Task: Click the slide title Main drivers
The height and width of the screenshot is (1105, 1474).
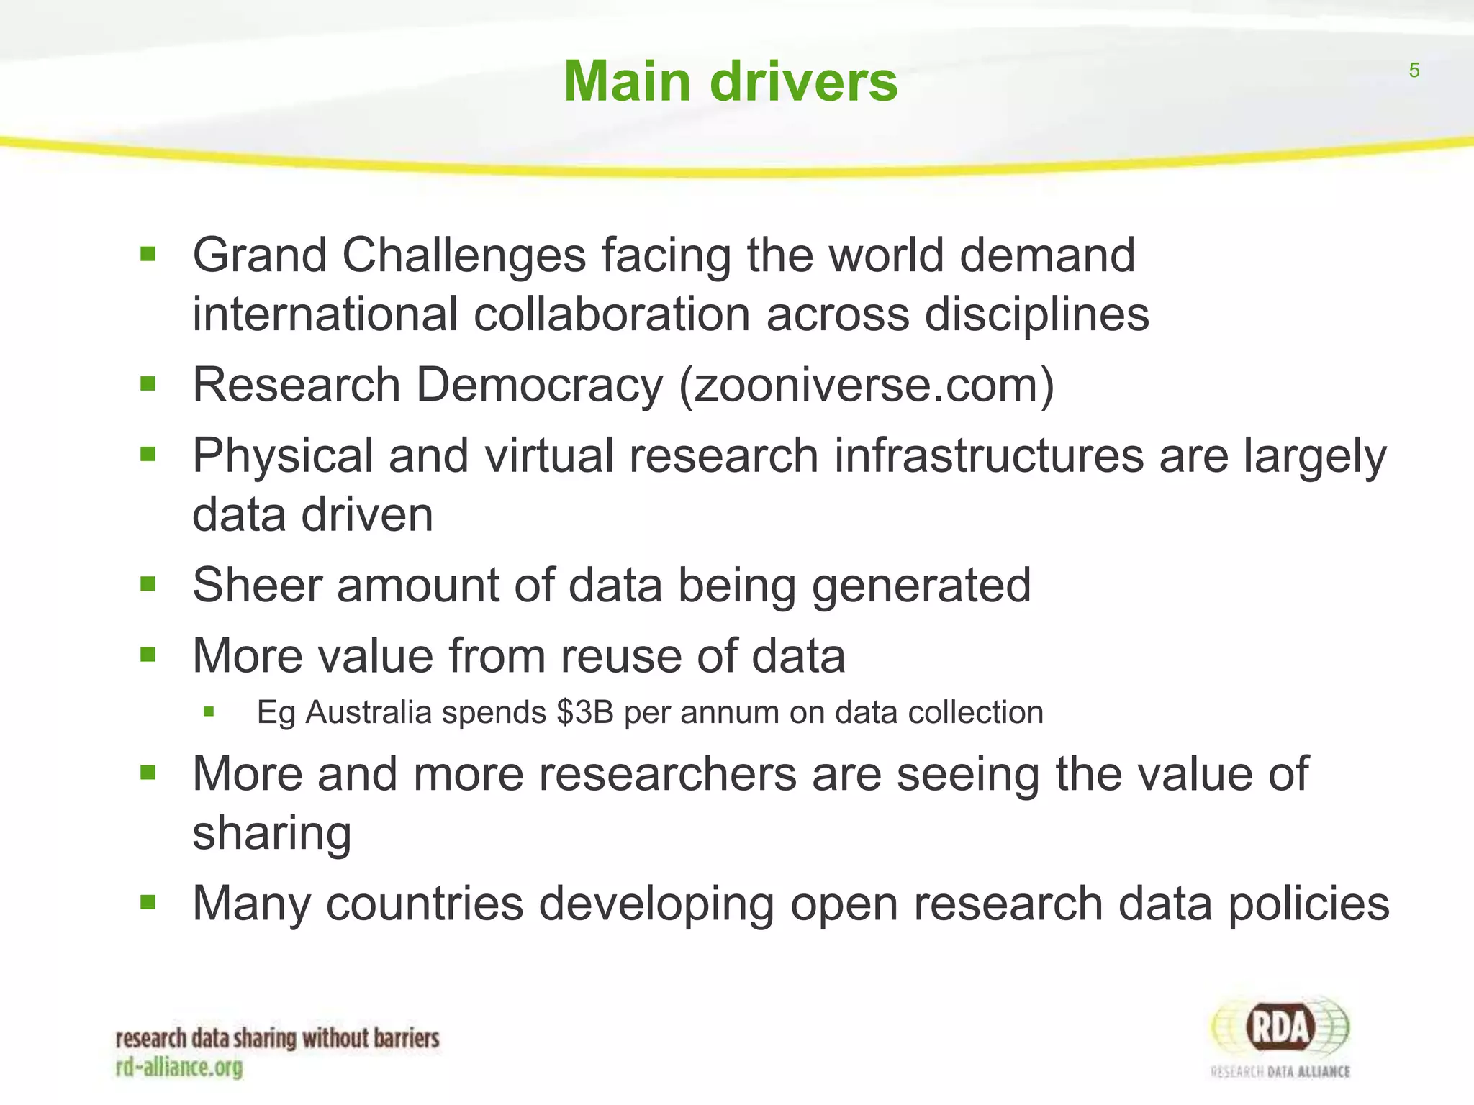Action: pyautogui.click(x=730, y=81)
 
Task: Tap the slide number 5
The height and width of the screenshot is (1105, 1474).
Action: pyautogui.click(x=1414, y=71)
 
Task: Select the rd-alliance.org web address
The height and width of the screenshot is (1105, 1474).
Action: pyautogui.click(x=179, y=1067)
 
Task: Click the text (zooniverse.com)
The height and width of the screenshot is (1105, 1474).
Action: pyautogui.click(x=867, y=385)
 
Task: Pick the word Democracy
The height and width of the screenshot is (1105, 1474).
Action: pyautogui.click(x=539, y=385)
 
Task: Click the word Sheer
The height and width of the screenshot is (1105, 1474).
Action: pyautogui.click(x=257, y=585)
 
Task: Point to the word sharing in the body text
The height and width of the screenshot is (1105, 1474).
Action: pyautogui.click(x=271, y=835)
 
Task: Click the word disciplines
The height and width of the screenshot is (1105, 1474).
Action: pyautogui.click(x=1036, y=315)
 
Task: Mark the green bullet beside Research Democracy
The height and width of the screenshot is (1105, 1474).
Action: pyautogui.click(x=148, y=384)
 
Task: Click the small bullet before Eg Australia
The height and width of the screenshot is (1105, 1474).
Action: pyautogui.click(x=209, y=712)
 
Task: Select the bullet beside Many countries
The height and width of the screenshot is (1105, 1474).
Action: pyautogui.click(x=148, y=902)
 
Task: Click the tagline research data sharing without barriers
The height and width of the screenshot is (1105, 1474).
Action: pyautogui.click(x=277, y=1039)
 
